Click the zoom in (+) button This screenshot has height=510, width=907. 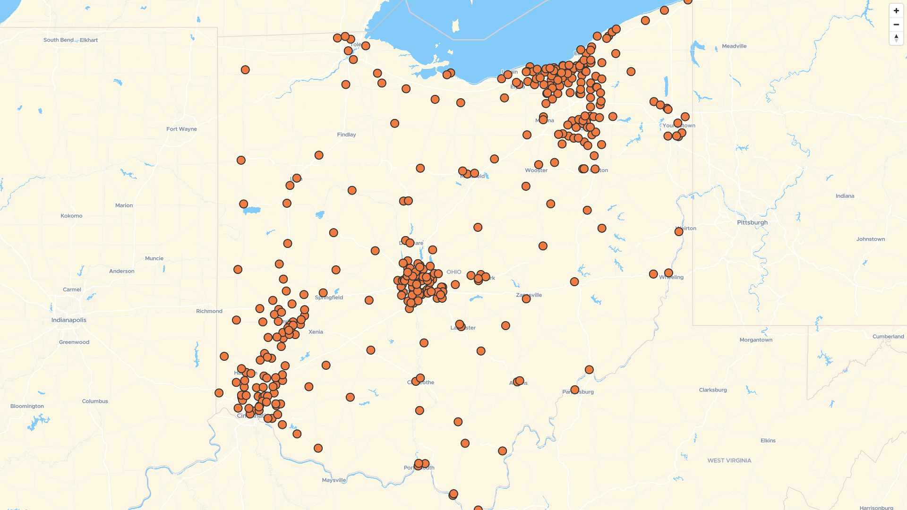[896, 11]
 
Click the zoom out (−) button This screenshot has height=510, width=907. [896, 25]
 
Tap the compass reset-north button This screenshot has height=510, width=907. [896, 38]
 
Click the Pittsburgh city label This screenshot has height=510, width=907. [752, 222]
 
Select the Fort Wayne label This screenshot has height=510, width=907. [181, 129]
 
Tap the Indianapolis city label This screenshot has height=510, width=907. [69, 320]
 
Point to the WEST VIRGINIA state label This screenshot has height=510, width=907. [729, 460]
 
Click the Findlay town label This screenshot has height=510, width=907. [346, 135]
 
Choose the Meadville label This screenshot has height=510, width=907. [734, 46]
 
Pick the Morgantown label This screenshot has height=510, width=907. [756, 340]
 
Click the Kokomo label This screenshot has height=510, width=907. [71, 216]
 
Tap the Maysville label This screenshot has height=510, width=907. [334, 480]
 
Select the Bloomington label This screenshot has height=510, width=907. [27, 406]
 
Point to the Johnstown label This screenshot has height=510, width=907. [870, 239]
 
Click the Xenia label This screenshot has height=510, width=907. [316, 332]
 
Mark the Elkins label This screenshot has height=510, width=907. [768, 441]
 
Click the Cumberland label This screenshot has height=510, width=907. [888, 337]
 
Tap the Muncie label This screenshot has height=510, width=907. [154, 258]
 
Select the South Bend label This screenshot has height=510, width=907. [59, 40]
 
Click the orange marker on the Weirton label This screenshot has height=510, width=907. [679, 231]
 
